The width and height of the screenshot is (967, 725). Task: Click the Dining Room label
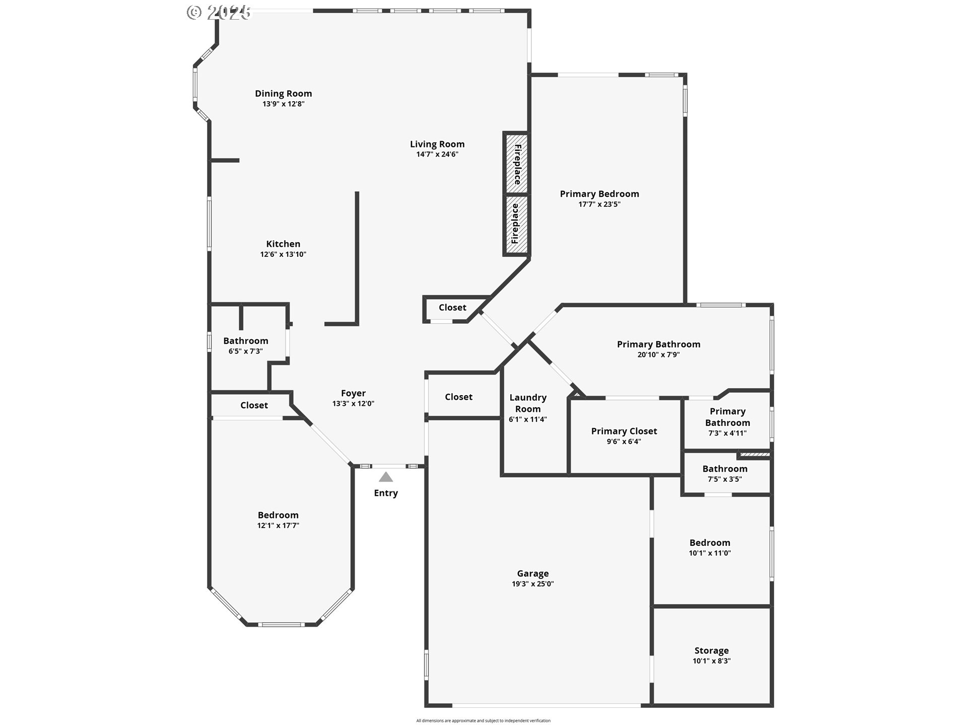point(283,94)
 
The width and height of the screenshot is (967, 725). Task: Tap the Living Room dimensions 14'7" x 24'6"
point(437,155)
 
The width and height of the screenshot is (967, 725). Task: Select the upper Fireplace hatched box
point(516,163)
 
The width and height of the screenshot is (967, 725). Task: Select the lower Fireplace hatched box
point(516,225)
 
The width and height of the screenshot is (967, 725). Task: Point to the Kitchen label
point(283,244)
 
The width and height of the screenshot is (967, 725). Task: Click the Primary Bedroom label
point(599,194)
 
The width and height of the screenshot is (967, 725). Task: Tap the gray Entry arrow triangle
point(386,477)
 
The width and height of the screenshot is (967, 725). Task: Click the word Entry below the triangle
point(386,493)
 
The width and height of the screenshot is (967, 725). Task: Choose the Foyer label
point(353,393)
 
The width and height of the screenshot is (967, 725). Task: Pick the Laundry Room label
point(528,403)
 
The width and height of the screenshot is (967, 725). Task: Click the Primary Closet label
point(624,431)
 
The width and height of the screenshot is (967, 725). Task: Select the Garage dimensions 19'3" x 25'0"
point(533,584)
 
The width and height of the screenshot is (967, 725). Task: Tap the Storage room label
point(711,650)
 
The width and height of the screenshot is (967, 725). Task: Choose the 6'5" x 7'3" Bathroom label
point(246,341)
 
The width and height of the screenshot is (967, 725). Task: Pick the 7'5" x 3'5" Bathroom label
point(725,469)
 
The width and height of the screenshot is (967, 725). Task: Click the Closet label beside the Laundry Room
point(458,397)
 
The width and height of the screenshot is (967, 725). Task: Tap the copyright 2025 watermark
point(219,12)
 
